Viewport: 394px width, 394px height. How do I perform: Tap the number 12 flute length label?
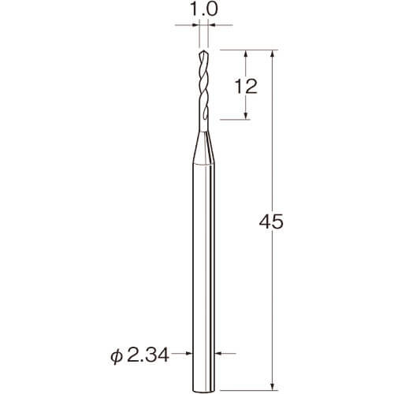pyautogui.click(x=246, y=87)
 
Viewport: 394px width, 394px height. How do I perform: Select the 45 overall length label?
pyautogui.click(x=271, y=221)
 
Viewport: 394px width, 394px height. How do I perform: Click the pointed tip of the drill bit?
pyautogui.click(x=204, y=50)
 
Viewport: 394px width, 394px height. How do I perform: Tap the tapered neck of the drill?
pyautogui.click(x=204, y=148)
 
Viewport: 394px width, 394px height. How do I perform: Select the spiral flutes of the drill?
pyautogui.click(x=204, y=87)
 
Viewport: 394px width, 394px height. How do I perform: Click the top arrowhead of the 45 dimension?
pyautogui.click(x=273, y=53)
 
